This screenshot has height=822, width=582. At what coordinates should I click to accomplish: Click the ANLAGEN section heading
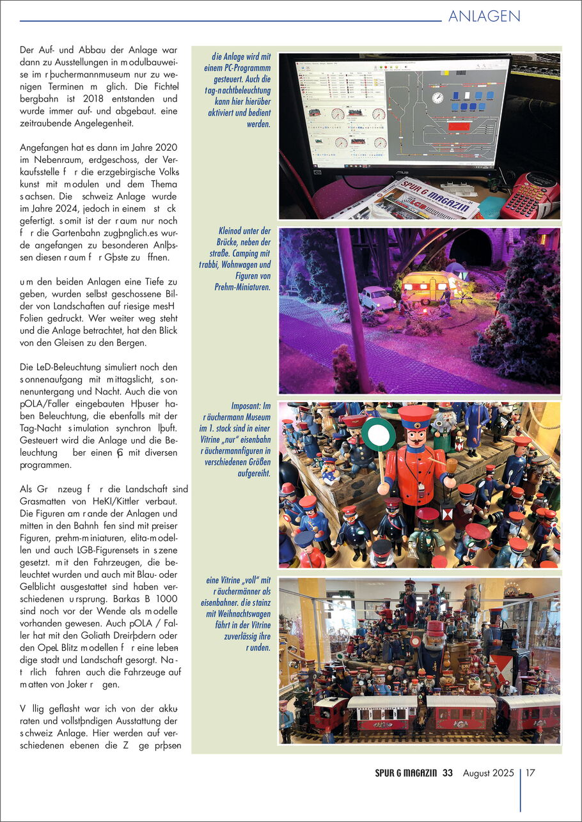click(484, 16)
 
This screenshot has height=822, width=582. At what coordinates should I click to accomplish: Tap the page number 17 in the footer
click(530, 773)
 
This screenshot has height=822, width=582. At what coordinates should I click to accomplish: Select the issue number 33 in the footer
click(447, 773)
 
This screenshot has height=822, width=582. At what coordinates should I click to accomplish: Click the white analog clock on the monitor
click(437, 98)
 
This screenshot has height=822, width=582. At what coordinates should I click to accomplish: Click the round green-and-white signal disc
click(379, 434)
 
